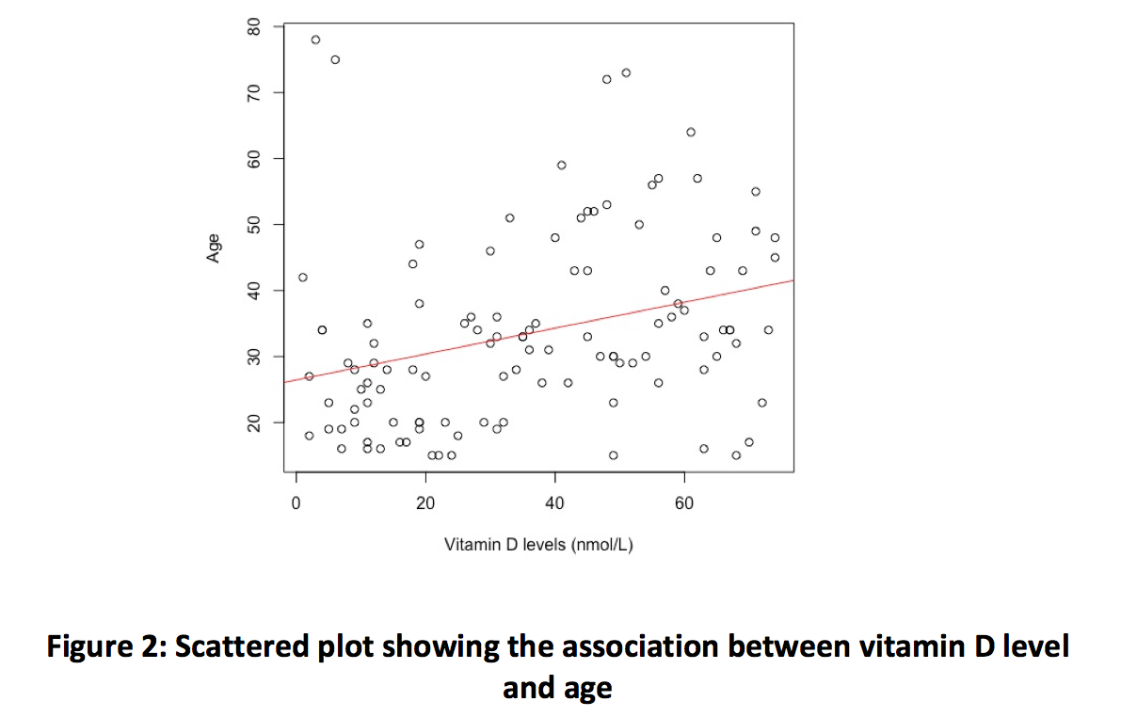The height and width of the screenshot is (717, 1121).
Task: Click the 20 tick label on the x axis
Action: coord(425,504)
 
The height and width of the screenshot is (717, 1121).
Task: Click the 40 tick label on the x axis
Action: coord(554,504)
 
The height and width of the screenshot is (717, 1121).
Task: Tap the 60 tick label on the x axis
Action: coord(684,504)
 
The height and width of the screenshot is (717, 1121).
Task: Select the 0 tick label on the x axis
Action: coord(296,504)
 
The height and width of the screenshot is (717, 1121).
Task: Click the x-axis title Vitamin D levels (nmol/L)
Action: coord(538,545)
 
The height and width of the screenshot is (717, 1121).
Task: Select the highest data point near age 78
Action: coord(315,40)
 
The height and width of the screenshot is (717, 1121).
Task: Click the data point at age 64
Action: coord(691,132)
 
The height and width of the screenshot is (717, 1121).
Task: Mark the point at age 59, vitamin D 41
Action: coord(562,165)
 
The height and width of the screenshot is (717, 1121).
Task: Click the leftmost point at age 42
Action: coord(303,277)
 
